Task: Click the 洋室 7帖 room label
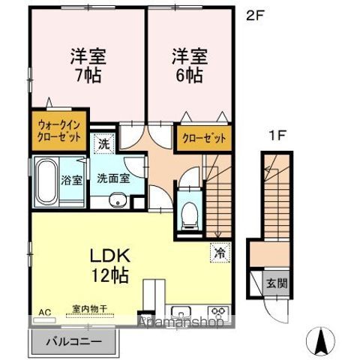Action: pos(87,65)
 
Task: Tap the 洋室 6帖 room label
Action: pos(189,65)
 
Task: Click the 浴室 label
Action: pos(72,180)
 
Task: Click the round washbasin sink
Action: pos(116,200)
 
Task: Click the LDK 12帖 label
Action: pos(111,263)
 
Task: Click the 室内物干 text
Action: pos(89,308)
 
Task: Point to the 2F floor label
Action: pos(256,14)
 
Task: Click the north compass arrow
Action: pos(322,341)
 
